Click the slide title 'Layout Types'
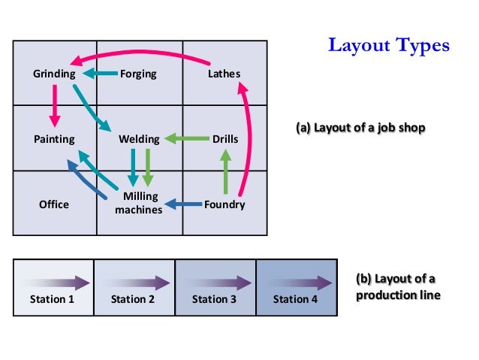pyautogui.click(x=388, y=46)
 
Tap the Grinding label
pyautogui.click(x=54, y=74)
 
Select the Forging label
pyautogui.click(x=138, y=74)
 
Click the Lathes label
pyautogui.click(x=224, y=74)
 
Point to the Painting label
pyautogui.click(x=54, y=139)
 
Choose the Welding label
pyautogui.click(x=139, y=139)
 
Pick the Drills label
pyautogui.click(x=225, y=139)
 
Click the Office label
pyautogui.click(x=54, y=204)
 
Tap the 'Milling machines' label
pyautogui.click(x=138, y=203)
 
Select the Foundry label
pyautogui.click(x=224, y=204)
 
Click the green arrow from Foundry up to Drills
pyautogui.click(x=224, y=172)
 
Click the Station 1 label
pyautogui.click(x=53, y=299)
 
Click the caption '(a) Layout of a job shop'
pyautogui.click(x=361, y=129)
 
